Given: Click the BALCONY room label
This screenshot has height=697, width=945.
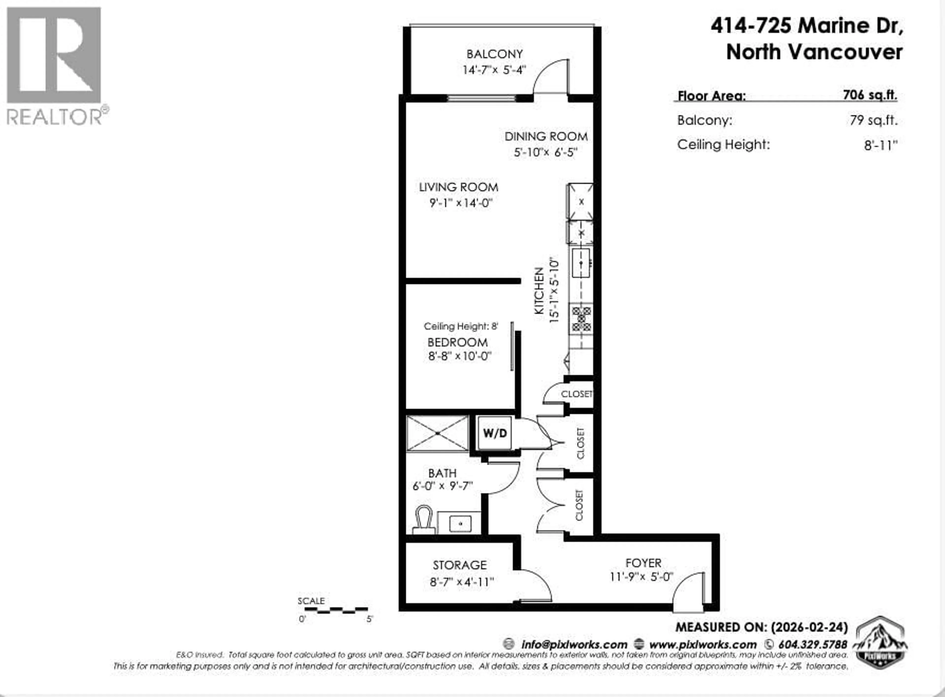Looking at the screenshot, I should (494, 54).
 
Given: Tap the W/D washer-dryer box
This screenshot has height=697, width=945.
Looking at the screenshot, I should (494, 433).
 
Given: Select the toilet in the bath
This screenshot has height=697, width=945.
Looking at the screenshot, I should (424, 520).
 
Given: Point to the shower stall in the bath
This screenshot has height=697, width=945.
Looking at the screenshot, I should (438, 433).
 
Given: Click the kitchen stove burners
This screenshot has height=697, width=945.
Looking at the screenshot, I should (581, 319).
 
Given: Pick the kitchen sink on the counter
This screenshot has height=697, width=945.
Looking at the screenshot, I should (581, 263).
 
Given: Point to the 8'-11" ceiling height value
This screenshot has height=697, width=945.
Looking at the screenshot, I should (880, 145).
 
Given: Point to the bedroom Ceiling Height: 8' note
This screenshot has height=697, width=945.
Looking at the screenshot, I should (461, 326).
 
